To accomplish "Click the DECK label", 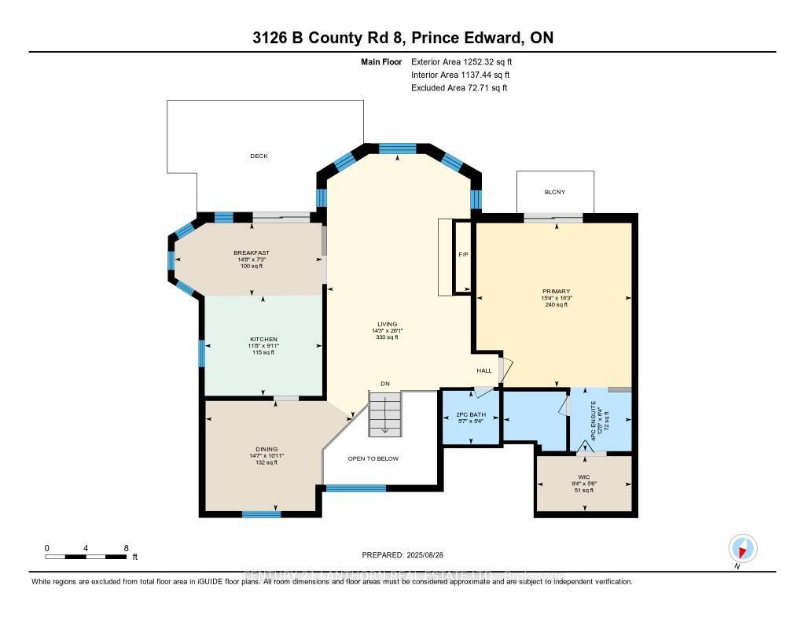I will pyautogui.click(x=259, y=156).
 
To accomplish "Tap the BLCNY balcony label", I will pyautogui.click(x=554, y=193).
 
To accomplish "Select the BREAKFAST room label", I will pyautogui.click(x=252, y=252).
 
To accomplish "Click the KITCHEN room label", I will pyautogui.click(x=263, y=339).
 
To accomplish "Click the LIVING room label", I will pyautogui.click(x=386, y=324).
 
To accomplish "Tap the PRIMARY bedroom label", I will pyautogui.click(x=555, y=291).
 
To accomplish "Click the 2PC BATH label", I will pyautogui.click(x=472, y=414).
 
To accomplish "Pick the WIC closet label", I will pyautogui.click(x=583, y=477).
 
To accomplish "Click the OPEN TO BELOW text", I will pyautogui.click(x=373, y=458).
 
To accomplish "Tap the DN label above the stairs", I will pyautogui.click(x=385, y=384).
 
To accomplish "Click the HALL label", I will pyautogui.click(x=484, y=370).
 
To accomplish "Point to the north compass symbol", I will pyautogui.click(x=742, y=548).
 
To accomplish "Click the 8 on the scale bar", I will pyautogui.click(x=126, y=547).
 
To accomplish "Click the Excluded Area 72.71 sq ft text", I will pyautogui.click(x=458, y=88).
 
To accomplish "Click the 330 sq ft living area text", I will pyautogui.click(x=386, y=337).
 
